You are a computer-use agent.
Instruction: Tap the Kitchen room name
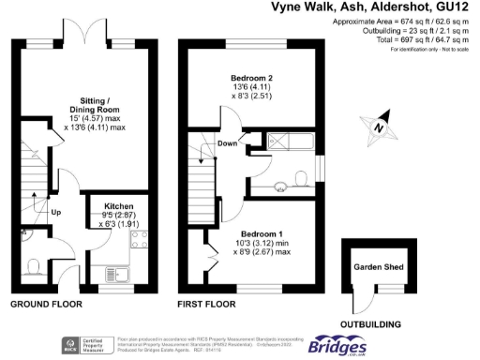[118, 205]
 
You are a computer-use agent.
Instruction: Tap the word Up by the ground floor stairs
[56, 212]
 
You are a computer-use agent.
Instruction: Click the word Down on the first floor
[227, 143]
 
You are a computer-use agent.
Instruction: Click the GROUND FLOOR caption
[46, 305]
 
